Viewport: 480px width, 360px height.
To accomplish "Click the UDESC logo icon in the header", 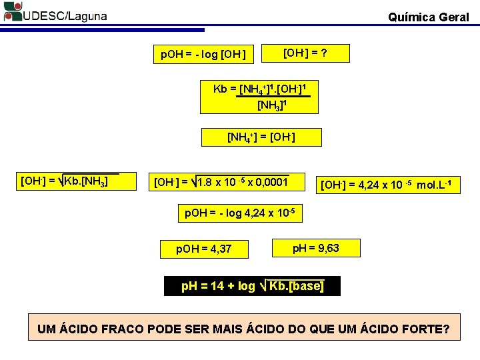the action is [13, 11].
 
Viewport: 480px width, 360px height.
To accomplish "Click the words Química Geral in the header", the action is [428, 17].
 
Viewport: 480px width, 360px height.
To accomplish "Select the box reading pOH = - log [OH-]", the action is [204, 54].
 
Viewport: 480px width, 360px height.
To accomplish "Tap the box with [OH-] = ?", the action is [305, 53].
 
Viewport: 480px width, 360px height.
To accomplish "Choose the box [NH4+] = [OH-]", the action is [261, 137].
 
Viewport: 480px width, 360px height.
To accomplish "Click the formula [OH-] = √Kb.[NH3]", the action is [65, 181].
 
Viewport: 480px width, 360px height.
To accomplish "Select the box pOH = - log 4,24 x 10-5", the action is [239, 213].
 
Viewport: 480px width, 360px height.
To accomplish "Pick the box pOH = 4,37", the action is [204, 249].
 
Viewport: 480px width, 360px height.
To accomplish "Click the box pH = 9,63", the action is [316, 248].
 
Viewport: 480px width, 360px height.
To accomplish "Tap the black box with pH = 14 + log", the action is [252, 286].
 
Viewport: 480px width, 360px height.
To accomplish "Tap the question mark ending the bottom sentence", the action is [446, 329].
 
